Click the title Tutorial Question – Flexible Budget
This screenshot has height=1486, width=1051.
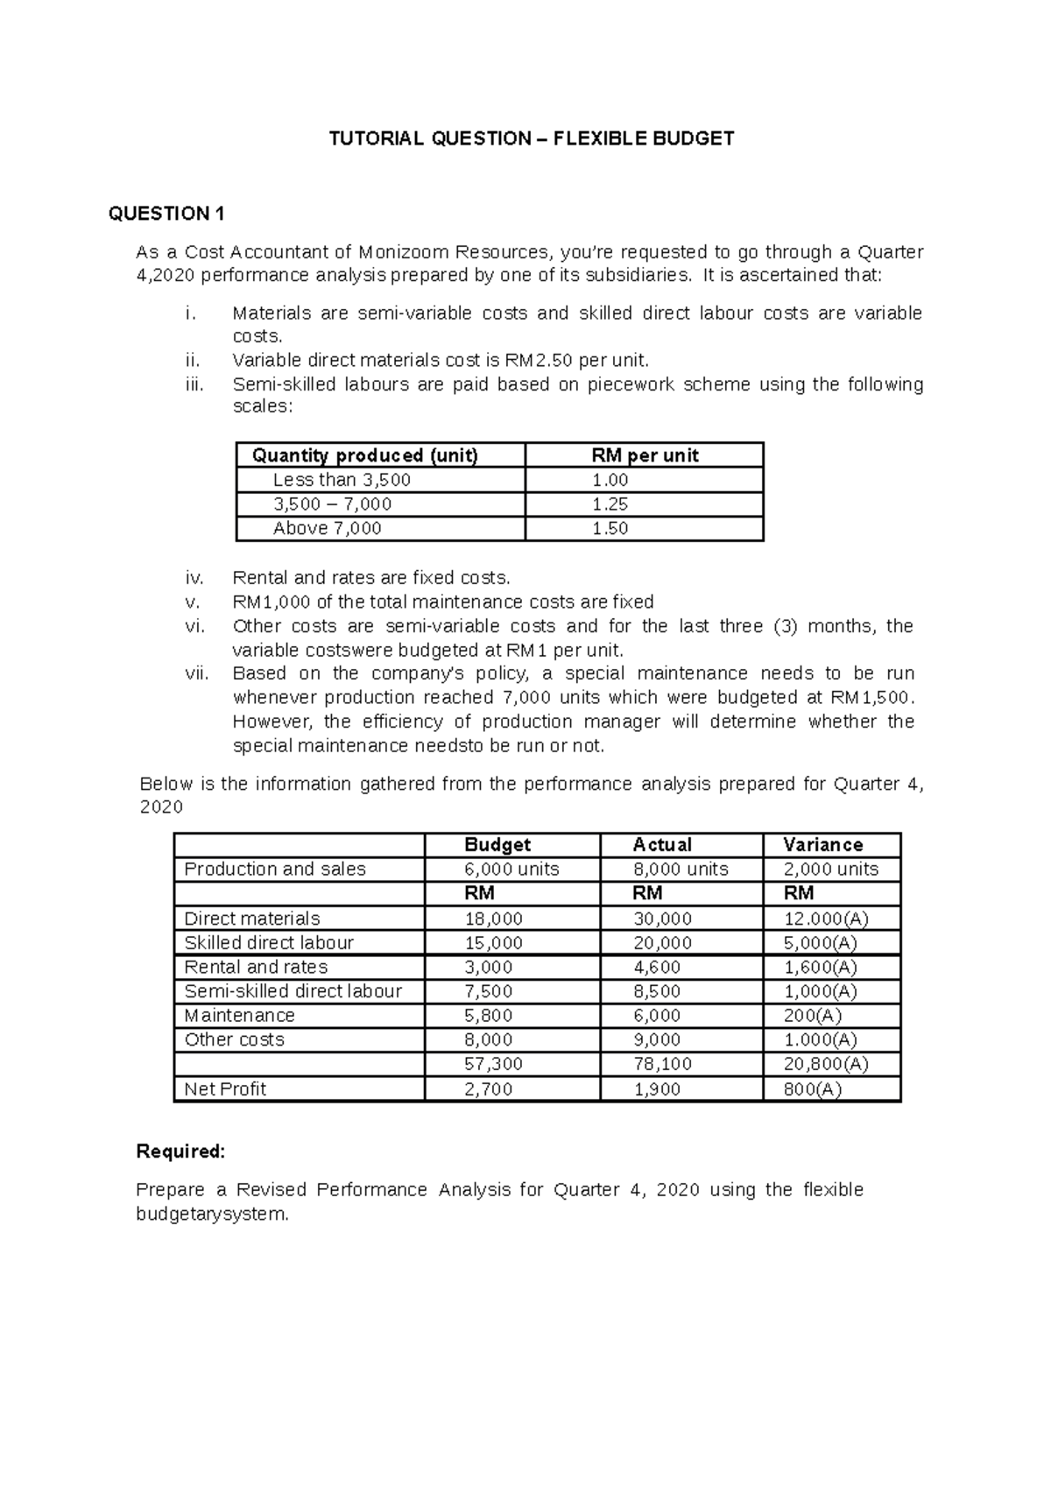coord(531,138)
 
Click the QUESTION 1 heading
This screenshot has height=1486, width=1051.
coord(167,214)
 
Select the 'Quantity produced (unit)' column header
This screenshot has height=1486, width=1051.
coord(364,455)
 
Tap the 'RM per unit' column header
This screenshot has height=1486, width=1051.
coord(645,455)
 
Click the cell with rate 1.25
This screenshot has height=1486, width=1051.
coord(610,504)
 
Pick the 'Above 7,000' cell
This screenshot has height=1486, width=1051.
coord(328,528)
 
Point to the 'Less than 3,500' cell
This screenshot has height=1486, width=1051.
coord(342,480)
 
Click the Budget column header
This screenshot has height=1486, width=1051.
coord(497,845)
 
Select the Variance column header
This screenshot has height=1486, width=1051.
coord(822,845)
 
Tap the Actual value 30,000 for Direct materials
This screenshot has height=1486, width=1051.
coord(662,919)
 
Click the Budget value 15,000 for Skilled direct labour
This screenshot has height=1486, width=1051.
coord(493,943)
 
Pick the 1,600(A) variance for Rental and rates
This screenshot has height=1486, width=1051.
coord(820,968)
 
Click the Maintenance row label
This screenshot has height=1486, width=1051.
coord(239,1016)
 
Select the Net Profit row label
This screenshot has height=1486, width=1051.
coord(225,1089)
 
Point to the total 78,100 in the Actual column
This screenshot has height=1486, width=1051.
coord(662,1064)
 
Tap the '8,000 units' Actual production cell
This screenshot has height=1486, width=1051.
coord(681,869)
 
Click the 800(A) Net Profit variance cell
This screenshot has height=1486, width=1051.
coord(813,1089)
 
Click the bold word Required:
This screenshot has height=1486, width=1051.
coord(180,1151)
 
